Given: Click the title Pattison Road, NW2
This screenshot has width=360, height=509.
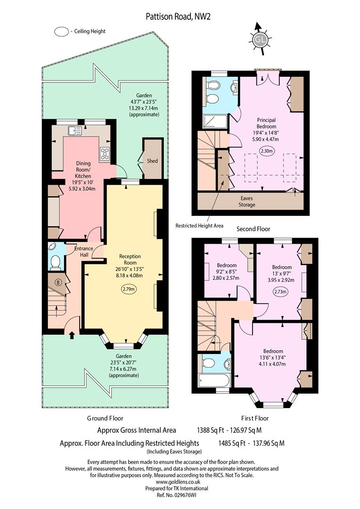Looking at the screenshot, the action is pyautogui.click(x=178, y=16).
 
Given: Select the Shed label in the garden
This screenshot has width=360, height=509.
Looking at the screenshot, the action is pyautogui.click(x=152, y=161).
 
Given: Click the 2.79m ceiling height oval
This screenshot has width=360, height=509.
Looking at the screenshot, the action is pyautogui.click(x=129, y=289).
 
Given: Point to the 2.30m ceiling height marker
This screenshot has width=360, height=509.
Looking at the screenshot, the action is pyautogui.click(x=267, y=151).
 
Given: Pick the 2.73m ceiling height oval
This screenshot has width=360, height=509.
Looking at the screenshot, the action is pyautogui.click(x=280, y=292).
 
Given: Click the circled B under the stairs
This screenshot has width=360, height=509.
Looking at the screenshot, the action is pyautogui.click(x=58, y=282).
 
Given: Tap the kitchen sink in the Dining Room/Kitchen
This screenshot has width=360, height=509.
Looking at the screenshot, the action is pyautogui.click(x=74, y=131).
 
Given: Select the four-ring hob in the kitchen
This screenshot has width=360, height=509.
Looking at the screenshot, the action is pyautogui.click(x=105, y=154).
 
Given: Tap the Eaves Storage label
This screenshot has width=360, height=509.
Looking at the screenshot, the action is pyautogui.click(x=247, y=202).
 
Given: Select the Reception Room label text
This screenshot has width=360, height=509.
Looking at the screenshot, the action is pyautogui.click(x=130, y=259).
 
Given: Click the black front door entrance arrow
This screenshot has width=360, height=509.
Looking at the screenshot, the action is pyautogui.click(x=72, y=335).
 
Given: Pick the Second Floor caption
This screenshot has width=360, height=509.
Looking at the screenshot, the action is pyautogui.click(x=253, y=229).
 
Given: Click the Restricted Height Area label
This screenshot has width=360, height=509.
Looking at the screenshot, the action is pyautogui.click(x=199, y=226).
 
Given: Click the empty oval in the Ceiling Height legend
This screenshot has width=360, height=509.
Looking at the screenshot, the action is pyautogui.click(x=61, y=32).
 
